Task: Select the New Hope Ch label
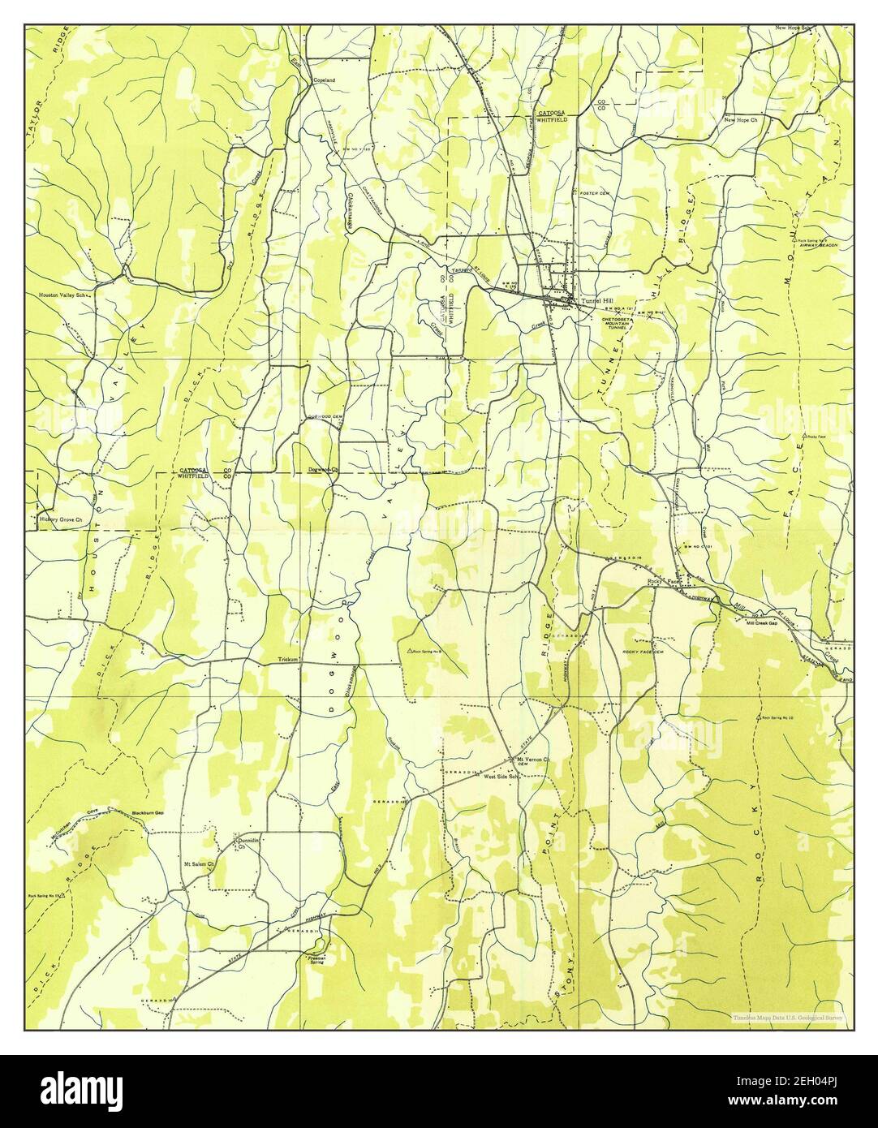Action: [741, 120]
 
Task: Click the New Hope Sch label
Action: [794, 28]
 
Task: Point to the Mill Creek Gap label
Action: [761, 622]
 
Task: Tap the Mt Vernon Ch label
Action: [534, 760]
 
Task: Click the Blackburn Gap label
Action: [148, 812]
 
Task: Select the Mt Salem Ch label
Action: [198, 863]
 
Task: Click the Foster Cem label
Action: [595, 193]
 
